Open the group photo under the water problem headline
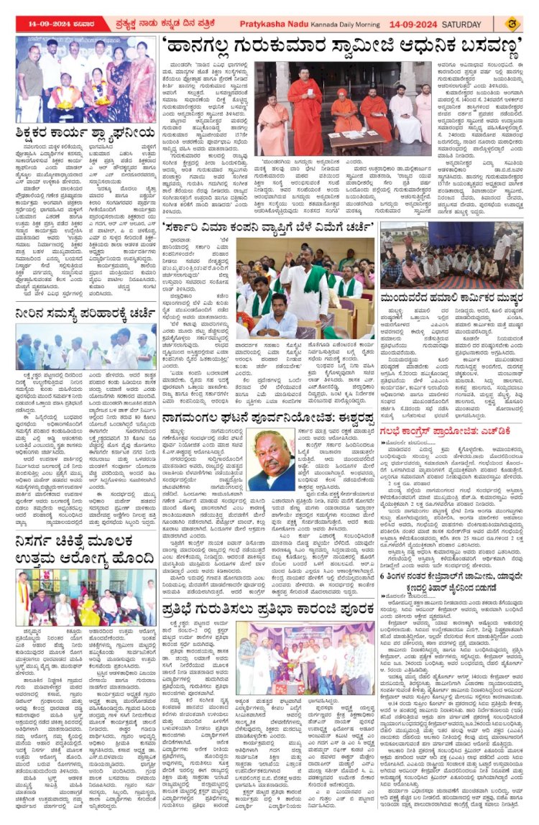tap(86, 347)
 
